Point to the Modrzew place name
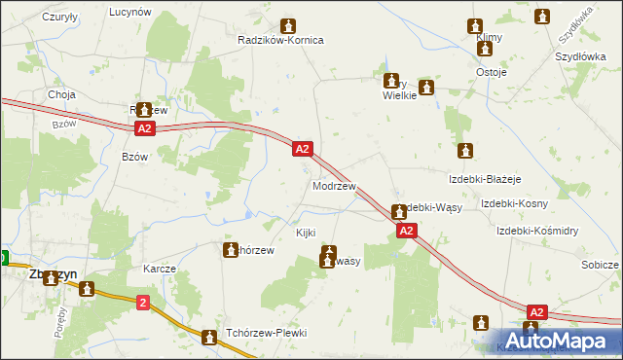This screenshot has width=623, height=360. (x=333, y=185)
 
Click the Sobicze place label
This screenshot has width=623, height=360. (x=600, y=265)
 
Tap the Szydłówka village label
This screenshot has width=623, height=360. (x=575, y=28)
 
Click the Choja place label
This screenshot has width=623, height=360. (x=62, y=94)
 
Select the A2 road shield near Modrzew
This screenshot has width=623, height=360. (x=303, y=149)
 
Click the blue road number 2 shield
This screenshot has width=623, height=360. (x=143, y=304)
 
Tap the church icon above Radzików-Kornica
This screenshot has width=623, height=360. (x=288, y=25)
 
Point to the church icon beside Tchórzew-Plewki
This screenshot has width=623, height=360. (x=209, y=338)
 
